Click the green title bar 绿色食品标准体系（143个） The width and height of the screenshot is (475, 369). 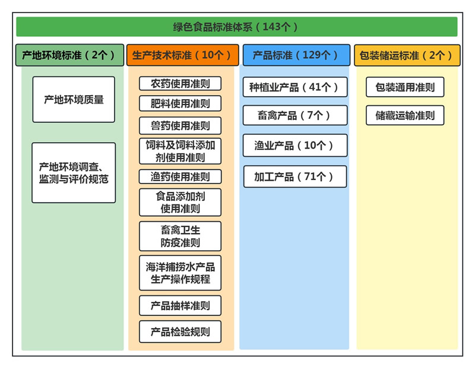click(236, 27)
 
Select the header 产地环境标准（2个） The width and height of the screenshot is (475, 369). click(69, 55)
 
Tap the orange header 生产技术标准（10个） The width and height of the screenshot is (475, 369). click(182, 55)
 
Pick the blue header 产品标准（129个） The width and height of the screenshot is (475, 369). click(296, 55)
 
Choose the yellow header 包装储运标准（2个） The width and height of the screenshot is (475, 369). click(407, 55)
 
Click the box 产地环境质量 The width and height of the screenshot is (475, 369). click(74, 99)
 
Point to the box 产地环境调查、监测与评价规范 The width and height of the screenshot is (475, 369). click(74, 172)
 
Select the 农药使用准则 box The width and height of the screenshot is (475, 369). click(180, 83)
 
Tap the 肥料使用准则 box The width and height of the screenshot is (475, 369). click(180, 103)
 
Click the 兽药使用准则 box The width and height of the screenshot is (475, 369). click(180, 125)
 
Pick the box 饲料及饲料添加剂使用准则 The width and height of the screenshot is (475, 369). click(180, 151)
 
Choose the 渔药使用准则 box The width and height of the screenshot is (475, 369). click(180, 176)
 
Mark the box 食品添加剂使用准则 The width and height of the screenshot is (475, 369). click(180, 202)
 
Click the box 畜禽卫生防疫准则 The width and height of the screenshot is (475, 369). click(180, 236)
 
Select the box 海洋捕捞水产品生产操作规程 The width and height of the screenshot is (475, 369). click(180, 273)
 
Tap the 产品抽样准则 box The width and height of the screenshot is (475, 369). click(180, 305)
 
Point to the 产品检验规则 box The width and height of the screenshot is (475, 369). click(180, 332)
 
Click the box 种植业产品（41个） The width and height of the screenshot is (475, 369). click(294, 87)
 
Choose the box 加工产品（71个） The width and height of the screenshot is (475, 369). click(294, 176)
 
